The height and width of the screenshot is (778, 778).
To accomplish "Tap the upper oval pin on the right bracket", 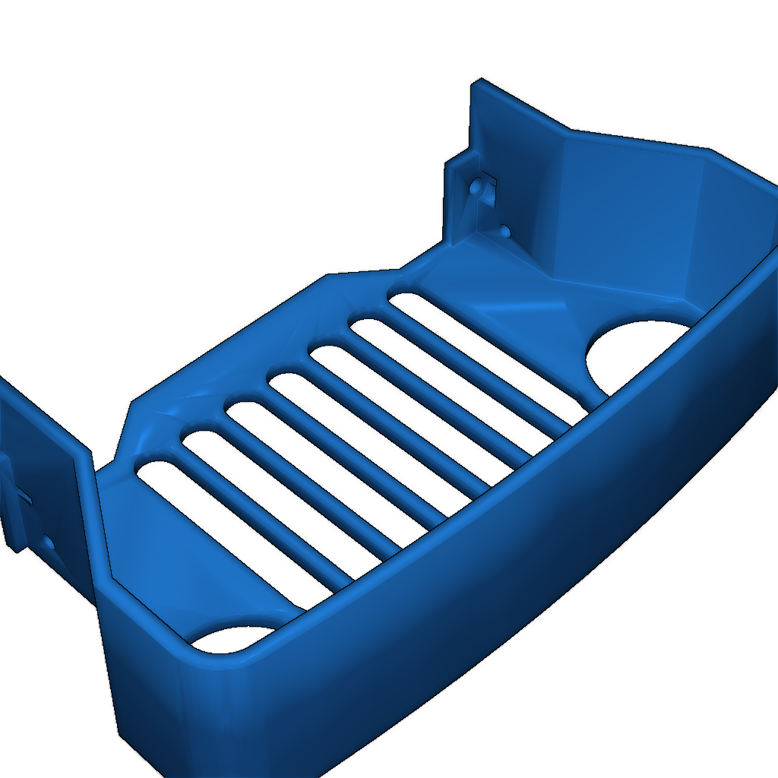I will pyautogui.click(x=476, y=186).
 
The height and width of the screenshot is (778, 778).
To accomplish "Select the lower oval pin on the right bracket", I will pyautogui.click(x=504, y=229).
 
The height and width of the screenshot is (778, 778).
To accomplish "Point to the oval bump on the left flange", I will pyautogui.click(x=49, y=542).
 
